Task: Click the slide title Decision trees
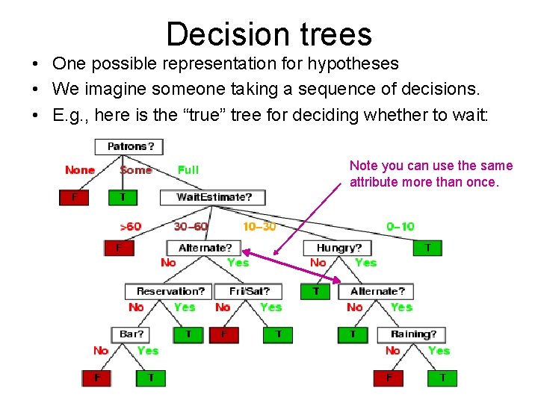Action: coord(269,34)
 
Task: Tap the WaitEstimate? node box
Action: coord(213,198)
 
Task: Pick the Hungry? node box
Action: coord(338,248)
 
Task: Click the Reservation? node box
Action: coord(170,291)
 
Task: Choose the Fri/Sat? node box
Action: coord(250,291)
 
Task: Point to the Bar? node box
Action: coord(132,334)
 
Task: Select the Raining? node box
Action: coord(412,334)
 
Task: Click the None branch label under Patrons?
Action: coord(80,170)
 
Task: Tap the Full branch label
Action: coord(188,170)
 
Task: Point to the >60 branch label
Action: coord(130,226)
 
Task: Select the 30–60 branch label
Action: coord(191,226)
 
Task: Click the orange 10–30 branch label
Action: coord(259,226)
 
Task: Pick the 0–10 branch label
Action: coord(400,226)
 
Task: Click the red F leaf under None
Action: coord(73,198)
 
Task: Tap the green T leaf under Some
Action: coord(123,198)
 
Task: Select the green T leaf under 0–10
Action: coord(427,248)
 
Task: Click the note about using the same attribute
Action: coord(431,173)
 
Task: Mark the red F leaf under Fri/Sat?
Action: coord(223,335)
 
